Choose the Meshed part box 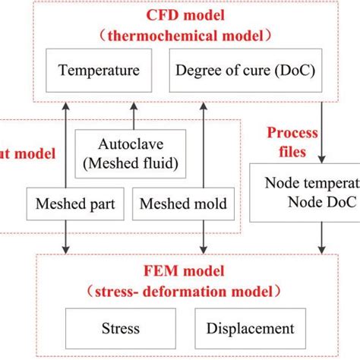click(67, 204)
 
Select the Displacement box click(249, 328)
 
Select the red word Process click(292, 134)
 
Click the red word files click(290, 151)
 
